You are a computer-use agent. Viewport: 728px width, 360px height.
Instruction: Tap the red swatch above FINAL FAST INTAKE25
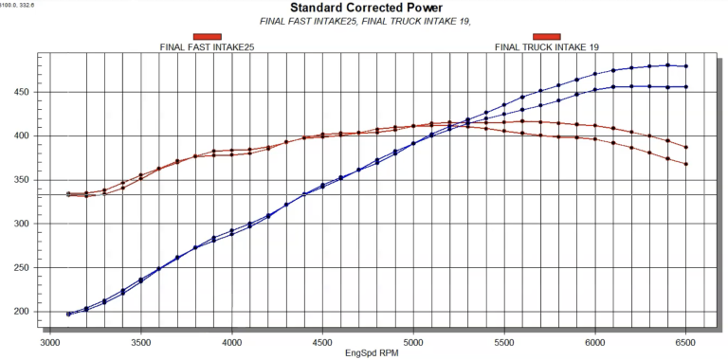coord(207,36)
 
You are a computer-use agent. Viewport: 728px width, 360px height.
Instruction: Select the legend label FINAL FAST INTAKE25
coord(207,46)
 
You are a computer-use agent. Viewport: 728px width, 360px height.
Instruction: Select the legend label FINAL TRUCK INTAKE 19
coord(547,46)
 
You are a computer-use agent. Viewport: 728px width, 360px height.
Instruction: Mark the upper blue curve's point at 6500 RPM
coord(685,66)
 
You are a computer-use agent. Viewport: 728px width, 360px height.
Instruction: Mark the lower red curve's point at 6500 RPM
coord(685,164)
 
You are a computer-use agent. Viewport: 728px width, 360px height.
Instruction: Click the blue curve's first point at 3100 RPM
coord(68,314)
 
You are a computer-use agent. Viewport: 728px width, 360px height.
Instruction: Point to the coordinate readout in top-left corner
coord(21,5)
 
